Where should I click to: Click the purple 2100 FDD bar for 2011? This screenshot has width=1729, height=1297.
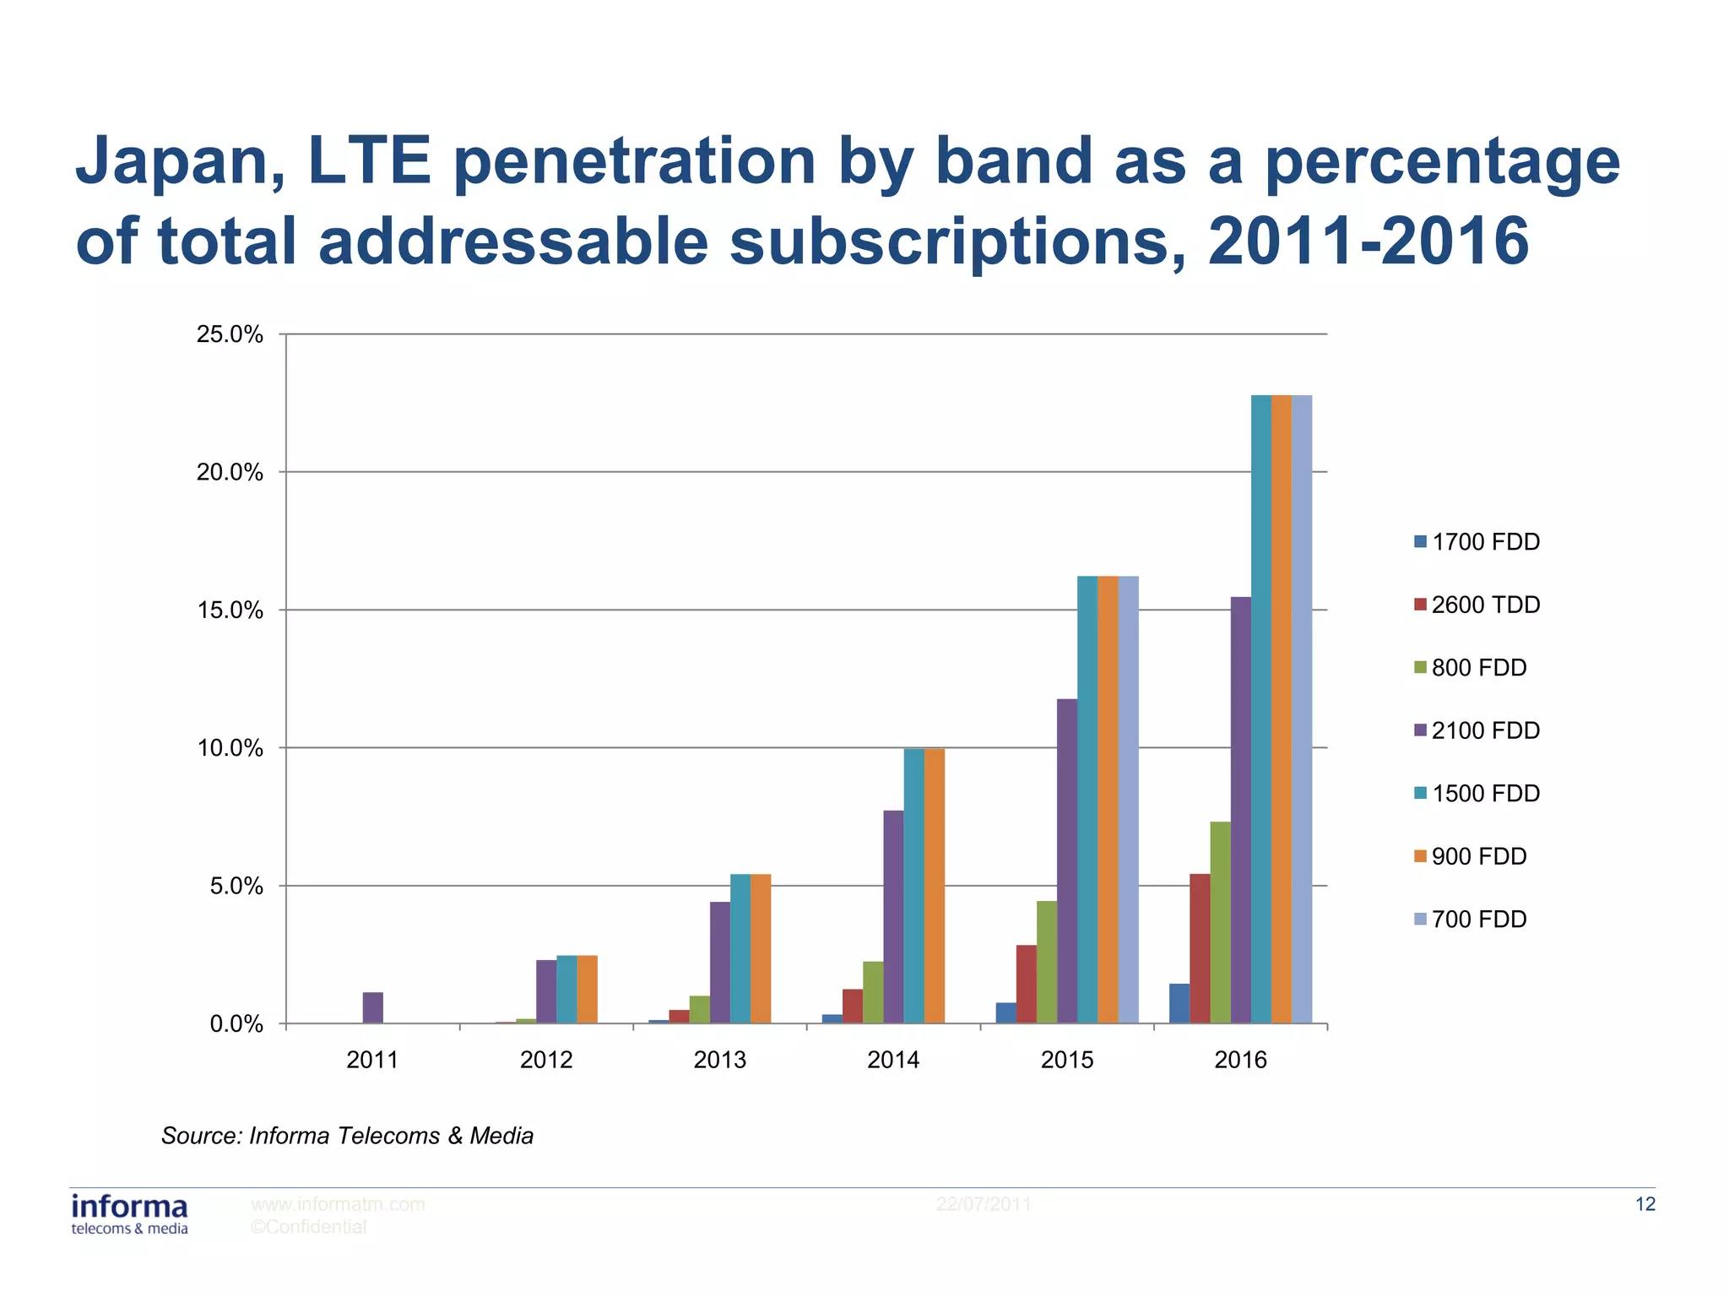point(372,1007)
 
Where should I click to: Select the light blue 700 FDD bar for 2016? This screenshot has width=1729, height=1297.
point(1301,709)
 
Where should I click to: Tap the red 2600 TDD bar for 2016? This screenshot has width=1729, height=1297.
point(1199,948)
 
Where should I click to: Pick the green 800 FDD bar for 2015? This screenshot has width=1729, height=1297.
point(1047,962)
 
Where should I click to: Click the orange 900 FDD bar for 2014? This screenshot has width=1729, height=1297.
point(934,886)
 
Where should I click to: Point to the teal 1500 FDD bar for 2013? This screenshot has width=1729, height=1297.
point(740,948)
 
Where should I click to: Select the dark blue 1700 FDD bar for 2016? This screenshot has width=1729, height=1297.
point(1179,1003)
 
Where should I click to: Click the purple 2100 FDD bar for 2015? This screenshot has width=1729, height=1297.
point(1067,860)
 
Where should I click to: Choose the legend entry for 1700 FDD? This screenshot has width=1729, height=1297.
point(1477,542)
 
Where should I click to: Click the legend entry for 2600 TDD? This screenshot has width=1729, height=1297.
point(1477,605)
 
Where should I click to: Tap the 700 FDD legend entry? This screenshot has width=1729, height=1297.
point(1470,920)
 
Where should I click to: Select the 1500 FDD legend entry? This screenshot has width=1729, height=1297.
point(1477,794)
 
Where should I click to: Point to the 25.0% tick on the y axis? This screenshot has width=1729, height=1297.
point(230,334)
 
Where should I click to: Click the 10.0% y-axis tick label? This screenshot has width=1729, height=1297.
point(230,748)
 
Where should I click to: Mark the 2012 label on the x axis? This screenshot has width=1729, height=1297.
point(546,1060)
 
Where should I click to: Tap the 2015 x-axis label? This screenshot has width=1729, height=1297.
point(1066,1060)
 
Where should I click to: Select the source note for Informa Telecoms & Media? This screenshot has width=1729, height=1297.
point(347,1136)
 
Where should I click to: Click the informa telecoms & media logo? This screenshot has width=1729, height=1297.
point(130,1214)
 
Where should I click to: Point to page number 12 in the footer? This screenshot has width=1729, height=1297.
point(1645,1204)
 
